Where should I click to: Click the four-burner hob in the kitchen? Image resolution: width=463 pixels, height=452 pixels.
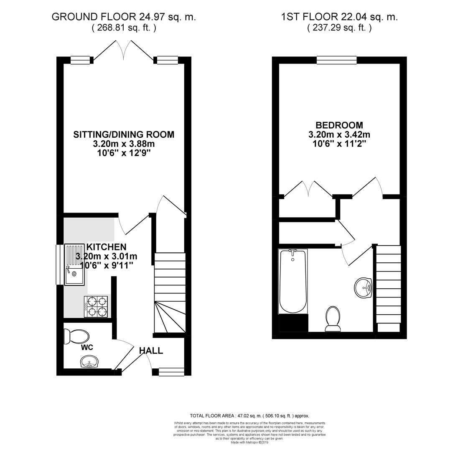click(96, 306)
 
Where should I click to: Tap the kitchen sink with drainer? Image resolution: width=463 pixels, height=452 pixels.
click(74, 265)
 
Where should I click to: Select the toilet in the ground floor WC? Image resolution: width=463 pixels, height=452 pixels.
click(76, 336)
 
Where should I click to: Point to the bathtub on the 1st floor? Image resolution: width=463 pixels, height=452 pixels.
click(293, 281)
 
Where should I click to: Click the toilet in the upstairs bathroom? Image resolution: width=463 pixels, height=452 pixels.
click(333, 319)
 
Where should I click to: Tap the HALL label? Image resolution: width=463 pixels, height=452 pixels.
click(151, 351)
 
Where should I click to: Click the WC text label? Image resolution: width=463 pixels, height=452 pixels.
click(87, 347)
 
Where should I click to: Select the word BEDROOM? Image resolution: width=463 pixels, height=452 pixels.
click(339, 125)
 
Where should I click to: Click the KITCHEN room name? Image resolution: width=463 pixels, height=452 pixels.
click(106, 247)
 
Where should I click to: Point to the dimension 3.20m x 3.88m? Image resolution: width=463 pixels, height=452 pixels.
click(124, 144)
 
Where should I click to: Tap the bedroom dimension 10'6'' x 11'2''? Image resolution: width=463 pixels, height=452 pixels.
click(339, 144)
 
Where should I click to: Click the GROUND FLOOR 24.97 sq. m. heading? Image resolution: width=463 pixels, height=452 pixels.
click(124, 17)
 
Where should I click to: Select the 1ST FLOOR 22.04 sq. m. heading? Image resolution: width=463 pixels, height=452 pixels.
click(339, 17)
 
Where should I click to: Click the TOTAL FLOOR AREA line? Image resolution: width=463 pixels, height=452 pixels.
click(249, 416)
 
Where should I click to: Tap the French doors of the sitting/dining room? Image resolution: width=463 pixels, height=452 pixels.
click(124, 50)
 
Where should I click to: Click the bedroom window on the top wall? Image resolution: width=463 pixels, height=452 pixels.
click(337, 60)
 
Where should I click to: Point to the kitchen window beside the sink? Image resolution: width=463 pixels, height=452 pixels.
click(60, 265)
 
